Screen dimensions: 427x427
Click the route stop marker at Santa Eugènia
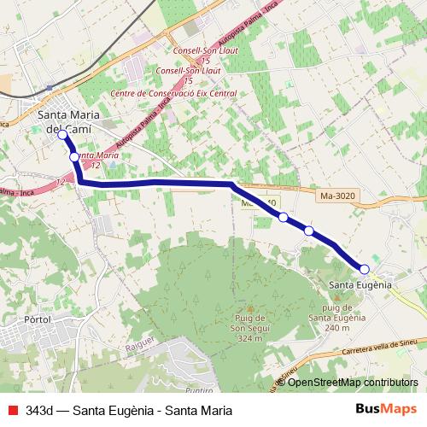(x=365, y=269)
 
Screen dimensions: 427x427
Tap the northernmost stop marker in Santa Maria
(x=61, y=134)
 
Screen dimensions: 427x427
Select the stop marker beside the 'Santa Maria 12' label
(x=74, y=156)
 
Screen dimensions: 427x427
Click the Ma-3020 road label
(x=337, y=196)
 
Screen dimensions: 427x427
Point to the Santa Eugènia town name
(x=360, y=284)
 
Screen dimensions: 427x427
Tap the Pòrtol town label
(x=39, y=319)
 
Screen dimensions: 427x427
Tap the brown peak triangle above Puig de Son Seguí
(x=249, y=309)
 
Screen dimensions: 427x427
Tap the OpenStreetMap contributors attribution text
(x=352, y=382)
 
